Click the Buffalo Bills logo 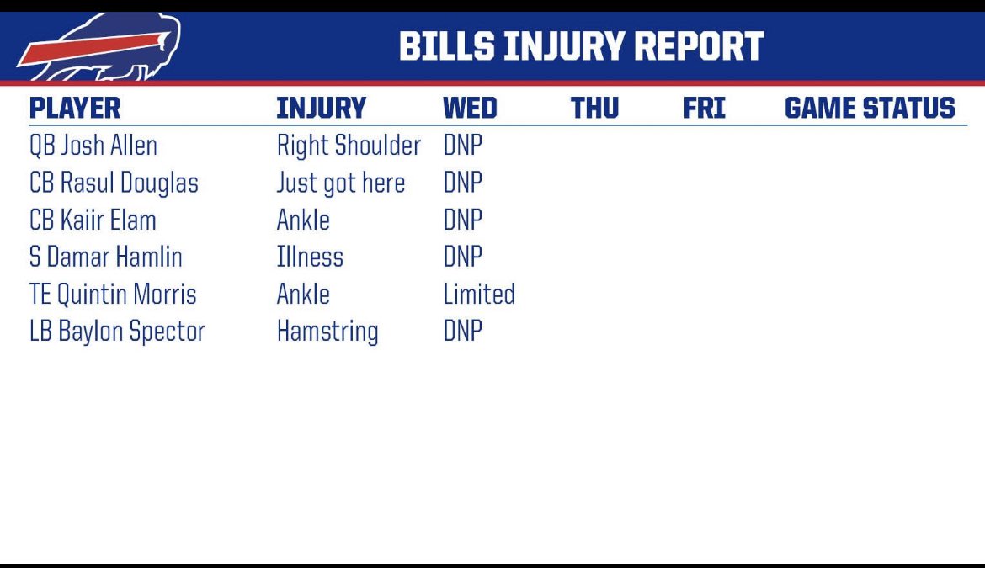pyautogui.click(x=99, y=48)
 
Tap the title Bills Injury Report pyautogui.click(x=581, y=47)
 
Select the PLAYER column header pyautogui.click(x=75, y=109)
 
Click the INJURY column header pyautogui.click(x=321, y=109)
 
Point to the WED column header pyautogui.click(x=470, y=109)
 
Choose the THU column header pyautogui.click(x=594, y=109)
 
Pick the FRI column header pyautogui.click(x=704, y=109)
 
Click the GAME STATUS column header pyautogui.click(x=870, y=109)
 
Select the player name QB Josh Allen pyautogui.click(x=93, y=146)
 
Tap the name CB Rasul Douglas pyautogui.click(x=114, y=183)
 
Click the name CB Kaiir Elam pyautogui.click(x=93, y=220)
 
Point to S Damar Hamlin pyautogui.click(x=105, y=257)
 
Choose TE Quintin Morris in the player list pyautogui.click(x=113, y=294)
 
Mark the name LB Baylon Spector pyautogui.click(x=117, y=331)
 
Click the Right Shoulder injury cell pyautogui.click(x=349, y=146)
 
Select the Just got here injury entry pyautogui.click(x=341, y=183)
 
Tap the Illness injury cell pyautogui.click(x=310, y=257)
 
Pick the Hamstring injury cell pyautogui.click(x=327, y=332)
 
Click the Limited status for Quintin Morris pyautogui.click(x=479, y=294)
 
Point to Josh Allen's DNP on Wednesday pyautogui.click(x=462, y=146)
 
